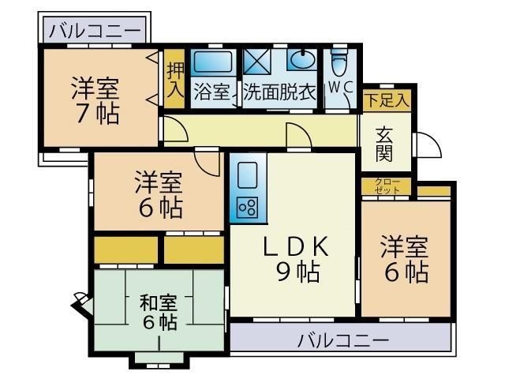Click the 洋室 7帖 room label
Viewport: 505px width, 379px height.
[x=96, y=99]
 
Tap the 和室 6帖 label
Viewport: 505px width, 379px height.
[x=159, y=312]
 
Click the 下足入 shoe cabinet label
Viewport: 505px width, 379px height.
[x=386, y=101]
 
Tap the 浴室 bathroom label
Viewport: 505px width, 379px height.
[x=212, y=92]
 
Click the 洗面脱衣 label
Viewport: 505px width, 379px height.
[x=279, y=92]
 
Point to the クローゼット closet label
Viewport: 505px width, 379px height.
[x=387, y=187]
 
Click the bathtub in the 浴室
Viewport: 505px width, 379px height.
[x=211, y=62]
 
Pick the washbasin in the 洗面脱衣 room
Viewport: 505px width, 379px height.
[x=302, y=61]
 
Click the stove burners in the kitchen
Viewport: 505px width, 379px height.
[x=247, y=208]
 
